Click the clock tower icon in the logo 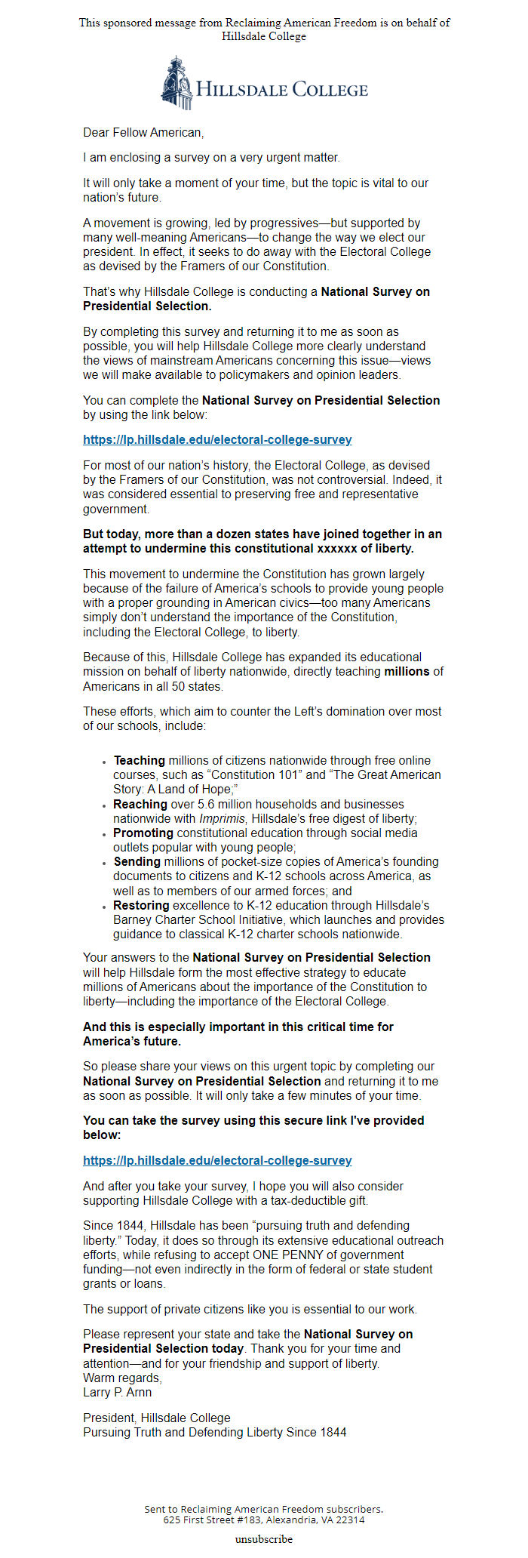[x=176, y=82]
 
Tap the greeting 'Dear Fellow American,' [x=143, y=133]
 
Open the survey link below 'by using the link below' [x=217, y=440]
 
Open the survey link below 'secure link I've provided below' [x=217, y=1160]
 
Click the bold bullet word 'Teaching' [x=140, y=761]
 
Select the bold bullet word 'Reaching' [x=140, y=805]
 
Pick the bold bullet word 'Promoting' [x=143, y=833]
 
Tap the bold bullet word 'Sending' [x=137, y=862]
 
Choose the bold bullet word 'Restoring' [x=142, y=906]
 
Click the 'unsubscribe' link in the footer [x=263, y=1538]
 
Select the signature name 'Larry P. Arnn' [x=117, y=1393]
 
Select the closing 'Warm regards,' [x=122, y=1378]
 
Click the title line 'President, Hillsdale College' [x=157, y=1418]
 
